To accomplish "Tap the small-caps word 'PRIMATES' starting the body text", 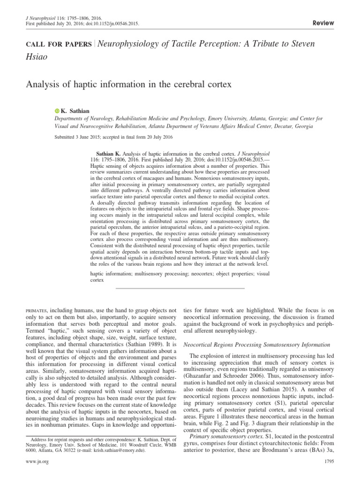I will click(36, 310).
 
